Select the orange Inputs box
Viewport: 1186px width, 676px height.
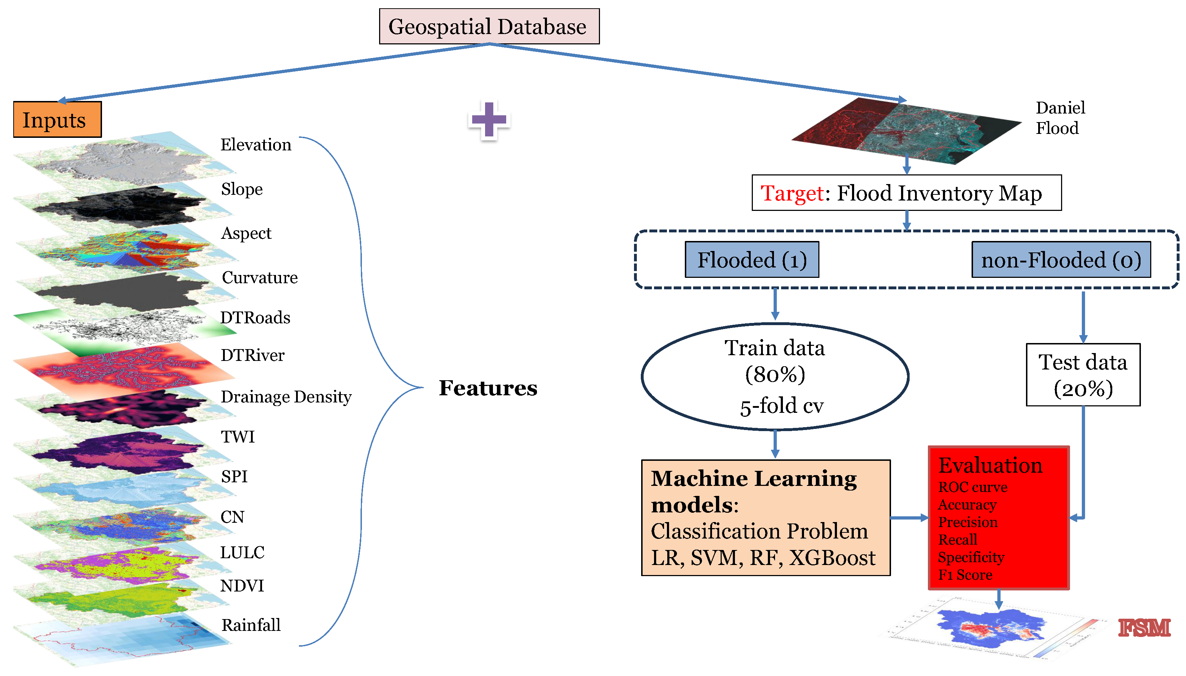(x=57, y=119)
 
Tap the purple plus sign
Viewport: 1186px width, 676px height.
(x=488, y=120)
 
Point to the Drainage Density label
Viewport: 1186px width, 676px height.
(x=286, y=397)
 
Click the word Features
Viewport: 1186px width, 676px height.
(x=488, y=388)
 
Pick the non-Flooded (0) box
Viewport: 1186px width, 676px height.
(x=1061, y=260)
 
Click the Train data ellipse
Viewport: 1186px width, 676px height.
(x=775, y=376)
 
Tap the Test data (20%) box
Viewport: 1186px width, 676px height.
(x=1083, y=375)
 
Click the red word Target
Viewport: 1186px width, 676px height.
(x=792, y=193)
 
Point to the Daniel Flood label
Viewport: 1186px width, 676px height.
(x=1060, y=118)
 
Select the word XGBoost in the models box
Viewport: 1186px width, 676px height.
(x=832, y=557)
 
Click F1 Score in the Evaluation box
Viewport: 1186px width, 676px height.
(x=965, y=575)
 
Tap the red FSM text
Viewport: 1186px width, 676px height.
(x=1144, y=628)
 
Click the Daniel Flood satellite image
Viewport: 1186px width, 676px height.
(x=906, y=131)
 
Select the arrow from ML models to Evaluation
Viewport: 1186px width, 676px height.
(x=909, y=518)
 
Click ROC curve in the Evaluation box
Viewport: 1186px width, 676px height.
(x=973, y=487)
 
